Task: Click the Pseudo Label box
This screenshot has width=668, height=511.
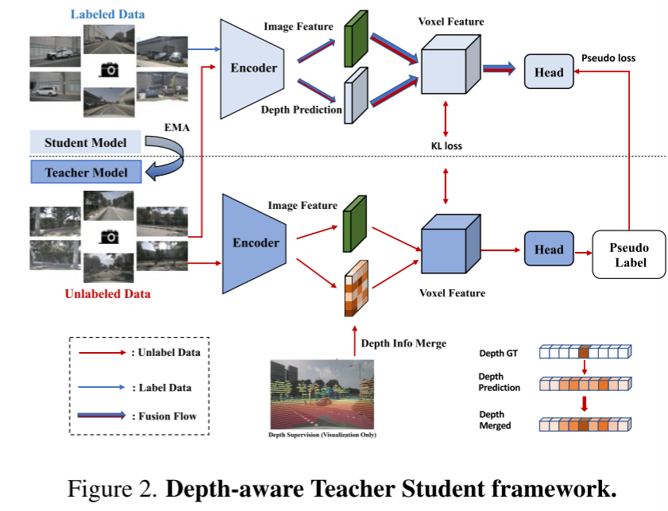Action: point(629,254)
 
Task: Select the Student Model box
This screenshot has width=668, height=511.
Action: point(85,143)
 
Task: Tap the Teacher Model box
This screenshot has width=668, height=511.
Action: point(85,171)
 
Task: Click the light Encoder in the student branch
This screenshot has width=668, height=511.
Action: point(253,68)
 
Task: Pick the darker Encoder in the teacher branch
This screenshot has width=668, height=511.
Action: point(254,242)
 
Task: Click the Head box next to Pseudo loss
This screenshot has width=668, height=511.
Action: point(548,72)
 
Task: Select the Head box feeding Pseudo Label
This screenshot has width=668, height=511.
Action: point(548,250)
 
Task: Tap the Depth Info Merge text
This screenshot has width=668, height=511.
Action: point(404,343)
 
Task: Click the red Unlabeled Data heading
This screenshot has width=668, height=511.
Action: point(108,294)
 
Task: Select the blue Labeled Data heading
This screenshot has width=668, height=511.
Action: point(107,14)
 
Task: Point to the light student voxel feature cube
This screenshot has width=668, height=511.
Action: point(448,68)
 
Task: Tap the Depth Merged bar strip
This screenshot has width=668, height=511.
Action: point(585,425)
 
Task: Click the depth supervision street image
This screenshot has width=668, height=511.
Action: point(322,394)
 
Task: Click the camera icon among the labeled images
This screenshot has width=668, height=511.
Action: point(110,70)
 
